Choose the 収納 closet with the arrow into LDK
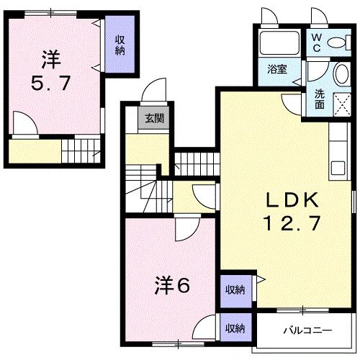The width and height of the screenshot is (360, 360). click(233, 289)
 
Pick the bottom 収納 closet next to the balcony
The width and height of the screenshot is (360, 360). click(233, 328)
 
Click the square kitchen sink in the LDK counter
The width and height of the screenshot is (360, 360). click(338, 170)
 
